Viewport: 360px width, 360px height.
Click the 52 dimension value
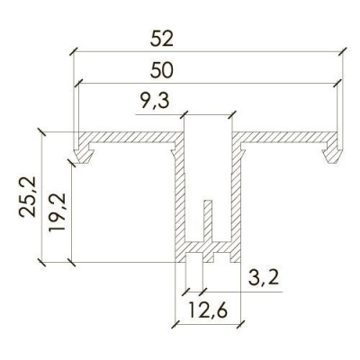click(162, 39)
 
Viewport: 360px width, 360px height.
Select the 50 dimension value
click(162, 71)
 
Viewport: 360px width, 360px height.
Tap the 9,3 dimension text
click(155, 102)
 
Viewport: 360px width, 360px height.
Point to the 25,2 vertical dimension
click(28, 197)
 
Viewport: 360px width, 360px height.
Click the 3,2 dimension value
click(264, 278)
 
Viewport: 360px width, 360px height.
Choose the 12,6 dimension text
click(208, 310)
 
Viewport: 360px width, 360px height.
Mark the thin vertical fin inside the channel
click(208, 220)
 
